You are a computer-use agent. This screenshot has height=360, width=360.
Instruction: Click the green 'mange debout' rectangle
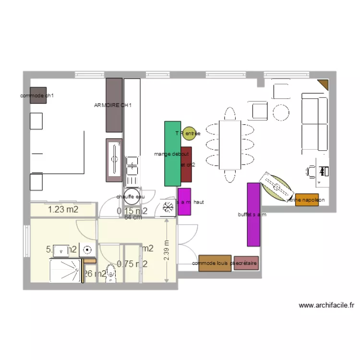(x=172, y=154)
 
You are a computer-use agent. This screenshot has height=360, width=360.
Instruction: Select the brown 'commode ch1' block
(x=38, y=95)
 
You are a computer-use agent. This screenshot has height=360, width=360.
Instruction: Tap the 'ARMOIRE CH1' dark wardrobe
(x=114, y=105)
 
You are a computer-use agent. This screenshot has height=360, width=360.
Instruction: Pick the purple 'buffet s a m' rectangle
(x=253, y=214)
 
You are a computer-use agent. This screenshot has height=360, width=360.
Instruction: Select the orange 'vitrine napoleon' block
(x=307, y=200)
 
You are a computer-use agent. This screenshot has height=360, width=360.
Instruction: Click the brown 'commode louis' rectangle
(x=215, y=263)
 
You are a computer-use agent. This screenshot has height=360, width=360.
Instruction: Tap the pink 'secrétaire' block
(x=246, y=263)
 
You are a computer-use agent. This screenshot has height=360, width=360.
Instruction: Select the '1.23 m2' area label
(x=63, y=209)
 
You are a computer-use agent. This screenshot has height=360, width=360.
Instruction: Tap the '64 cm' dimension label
(x=133, y=217)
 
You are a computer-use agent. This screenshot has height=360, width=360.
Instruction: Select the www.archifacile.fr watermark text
(x=326, y=305)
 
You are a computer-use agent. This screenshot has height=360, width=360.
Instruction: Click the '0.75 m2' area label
(x=132, y=263)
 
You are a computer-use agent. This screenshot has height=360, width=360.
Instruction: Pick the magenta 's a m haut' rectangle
(x=184, y=202)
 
